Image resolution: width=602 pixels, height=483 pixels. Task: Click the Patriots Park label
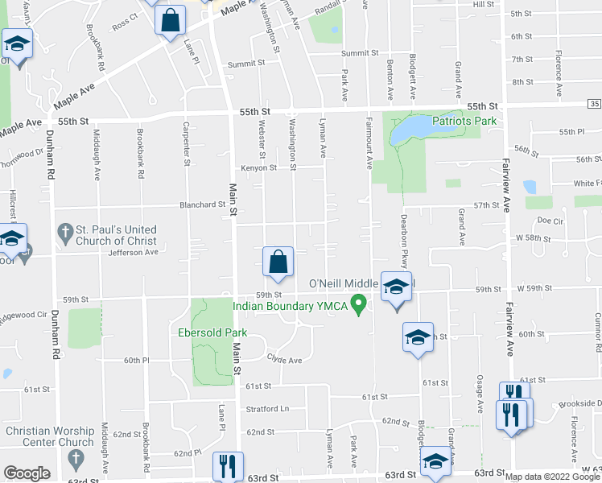pos(464,122)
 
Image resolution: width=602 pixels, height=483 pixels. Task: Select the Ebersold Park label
pos(212,333)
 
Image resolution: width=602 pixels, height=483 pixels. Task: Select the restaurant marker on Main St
pos(226,467)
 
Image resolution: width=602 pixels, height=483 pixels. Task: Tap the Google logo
pos(27,474)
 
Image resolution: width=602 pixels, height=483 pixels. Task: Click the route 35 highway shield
pos(594,105)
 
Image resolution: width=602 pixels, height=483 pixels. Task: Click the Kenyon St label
pos(258,168)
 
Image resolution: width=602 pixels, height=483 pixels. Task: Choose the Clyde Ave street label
pos(284,361)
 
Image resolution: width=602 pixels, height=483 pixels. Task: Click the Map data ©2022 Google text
pos(552,477)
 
